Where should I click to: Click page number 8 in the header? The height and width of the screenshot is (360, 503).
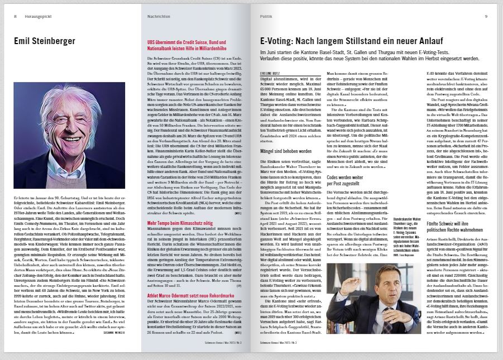16,16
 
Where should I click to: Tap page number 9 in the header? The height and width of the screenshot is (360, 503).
486,16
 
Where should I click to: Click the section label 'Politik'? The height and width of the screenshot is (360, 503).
266,16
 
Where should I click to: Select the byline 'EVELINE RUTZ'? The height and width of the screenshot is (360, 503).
270,72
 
